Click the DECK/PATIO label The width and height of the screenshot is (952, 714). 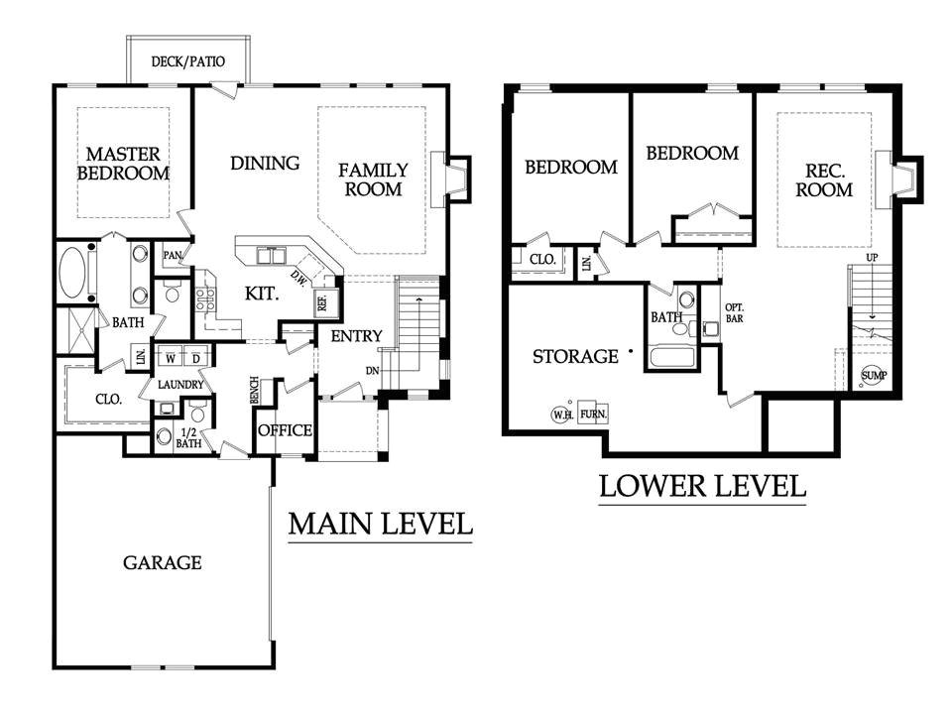(x=188, y=61)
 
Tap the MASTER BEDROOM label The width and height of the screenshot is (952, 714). (x=123, y=164)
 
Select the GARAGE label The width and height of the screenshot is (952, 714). (x=162, y=563)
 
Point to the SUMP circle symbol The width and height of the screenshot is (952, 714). (x=874, y=375)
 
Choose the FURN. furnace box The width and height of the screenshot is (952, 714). (x=593, y=414)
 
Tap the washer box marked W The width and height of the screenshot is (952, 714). (x=171, y=358)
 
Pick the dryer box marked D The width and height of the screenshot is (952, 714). (x=196, y=358)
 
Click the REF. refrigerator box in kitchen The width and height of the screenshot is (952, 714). (x=322, y=301)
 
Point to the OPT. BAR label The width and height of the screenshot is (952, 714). (x=734, y=312)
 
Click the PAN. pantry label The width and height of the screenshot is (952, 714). (x=173, y=256)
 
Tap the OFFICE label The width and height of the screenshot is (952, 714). (x=286, y=430)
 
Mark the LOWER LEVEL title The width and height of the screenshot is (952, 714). (x=702, y=486)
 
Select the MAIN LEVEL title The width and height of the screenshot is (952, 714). (x=380, y=524)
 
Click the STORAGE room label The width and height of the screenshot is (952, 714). (x=575, y=356)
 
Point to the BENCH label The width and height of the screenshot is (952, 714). (x=255, y=390)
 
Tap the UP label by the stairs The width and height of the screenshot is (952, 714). (x=872, y=258)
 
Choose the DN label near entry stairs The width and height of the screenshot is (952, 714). (x=373, y=370)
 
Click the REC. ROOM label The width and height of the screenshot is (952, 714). (x=824, y=180)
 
